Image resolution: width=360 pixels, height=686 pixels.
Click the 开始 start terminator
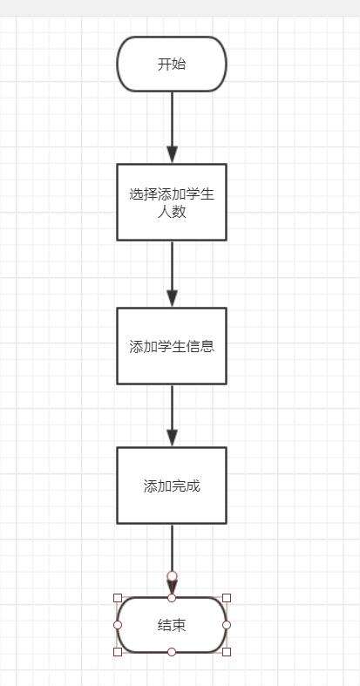tap(172, 65)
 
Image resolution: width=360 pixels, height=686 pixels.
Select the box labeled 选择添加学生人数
tap(172, 202)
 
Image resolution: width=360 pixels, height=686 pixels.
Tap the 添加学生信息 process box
tap(172, 346)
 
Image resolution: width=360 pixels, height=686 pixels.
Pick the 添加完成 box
tap(172, 486)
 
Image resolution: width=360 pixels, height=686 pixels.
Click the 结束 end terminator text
tap(172, 625)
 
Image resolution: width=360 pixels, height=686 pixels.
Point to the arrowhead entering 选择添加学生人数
tap(172, 154)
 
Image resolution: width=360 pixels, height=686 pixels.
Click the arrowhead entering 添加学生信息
tap(172, 298)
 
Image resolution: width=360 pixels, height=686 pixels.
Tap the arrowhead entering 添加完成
tap(172, 438)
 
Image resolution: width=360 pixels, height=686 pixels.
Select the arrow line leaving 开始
tap(172, 127)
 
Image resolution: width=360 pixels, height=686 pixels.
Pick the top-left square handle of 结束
tap(117, 598)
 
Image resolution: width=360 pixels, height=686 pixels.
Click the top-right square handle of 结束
tap(227, 598)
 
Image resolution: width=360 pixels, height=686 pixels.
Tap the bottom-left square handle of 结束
tap(117, 652)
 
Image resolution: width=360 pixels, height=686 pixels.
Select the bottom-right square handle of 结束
tap(227, 652)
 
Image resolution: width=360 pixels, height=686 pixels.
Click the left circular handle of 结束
tap(117, 625)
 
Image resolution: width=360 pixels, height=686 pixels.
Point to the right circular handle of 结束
tap(227, 625)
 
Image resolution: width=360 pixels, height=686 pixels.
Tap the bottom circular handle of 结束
tap(172, 652)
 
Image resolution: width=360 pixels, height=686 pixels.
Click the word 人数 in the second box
tap(172, 213)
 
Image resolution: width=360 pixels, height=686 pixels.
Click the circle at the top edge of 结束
tap(172, 598)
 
